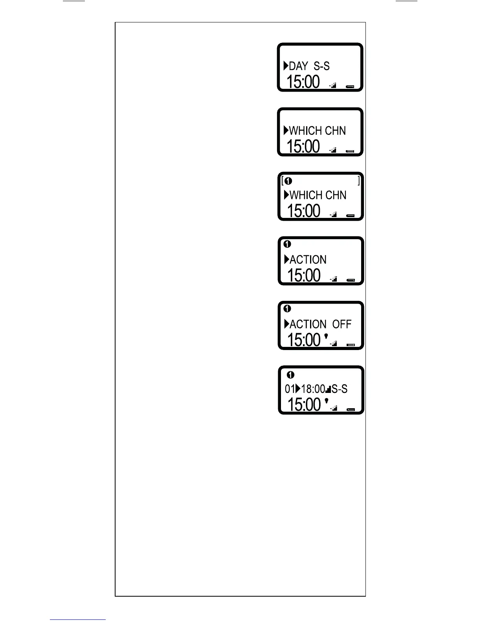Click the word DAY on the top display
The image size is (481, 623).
(x=299, y=66)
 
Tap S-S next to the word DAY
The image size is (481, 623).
(x=321, y=66)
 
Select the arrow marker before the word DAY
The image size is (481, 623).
(x=286, y=66)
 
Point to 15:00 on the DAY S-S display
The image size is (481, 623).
(x=303, y=82)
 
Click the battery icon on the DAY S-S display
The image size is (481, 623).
(x=350, y=86)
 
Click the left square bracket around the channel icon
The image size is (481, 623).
(x=283, y=181)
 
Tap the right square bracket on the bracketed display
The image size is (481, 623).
(x=358, y=181)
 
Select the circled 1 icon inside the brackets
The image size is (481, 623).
(x=288, y=181)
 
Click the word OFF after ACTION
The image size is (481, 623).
(x=341, y=324)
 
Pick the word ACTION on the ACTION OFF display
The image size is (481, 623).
(x=308, y=324)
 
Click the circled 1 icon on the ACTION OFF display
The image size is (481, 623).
(x=287, y=308)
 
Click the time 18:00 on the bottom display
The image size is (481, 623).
(x=313, y=389)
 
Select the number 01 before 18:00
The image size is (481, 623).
(x=290, y=389)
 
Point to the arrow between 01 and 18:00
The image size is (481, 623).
(x=298, y=389)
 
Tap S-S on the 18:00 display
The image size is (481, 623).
(x=340, y=389)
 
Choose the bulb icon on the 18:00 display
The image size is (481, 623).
(x=326, y=401)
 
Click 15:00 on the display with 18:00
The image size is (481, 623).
(x=304, y=404)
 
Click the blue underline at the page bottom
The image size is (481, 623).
(x=78, y=619)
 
